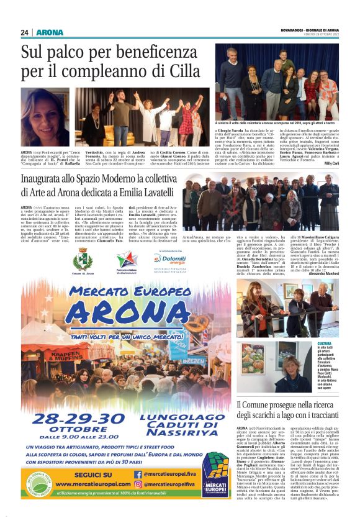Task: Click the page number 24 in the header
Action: point(25,32)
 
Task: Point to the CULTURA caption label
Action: point(324,343)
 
